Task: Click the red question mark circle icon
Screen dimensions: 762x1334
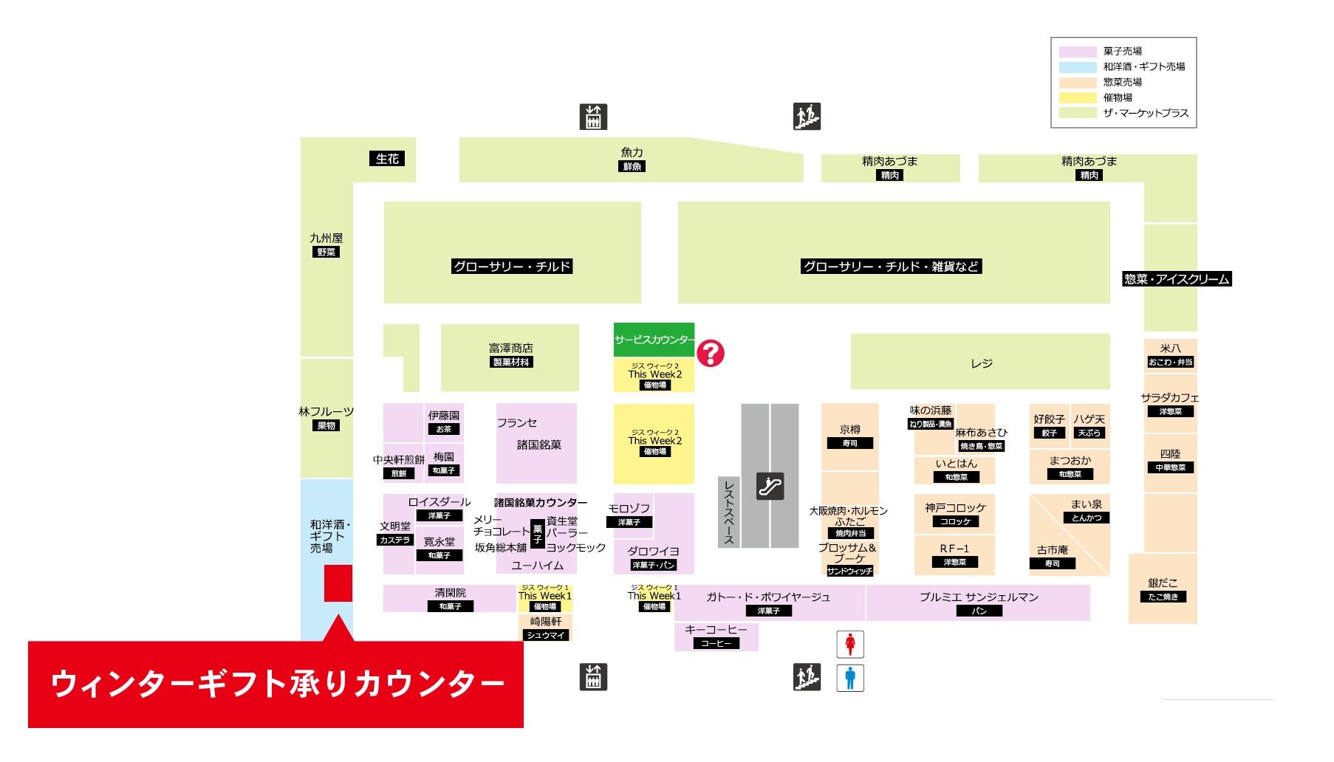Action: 711,354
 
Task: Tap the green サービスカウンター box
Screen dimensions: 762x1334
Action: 654,340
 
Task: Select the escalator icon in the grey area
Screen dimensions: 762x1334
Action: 770,486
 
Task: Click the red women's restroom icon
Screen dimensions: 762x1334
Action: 850,644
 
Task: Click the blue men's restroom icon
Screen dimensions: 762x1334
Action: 850,678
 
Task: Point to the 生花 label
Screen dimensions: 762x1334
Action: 387,159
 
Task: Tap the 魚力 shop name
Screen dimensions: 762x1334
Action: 632,153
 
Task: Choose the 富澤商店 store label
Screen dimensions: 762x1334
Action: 510,348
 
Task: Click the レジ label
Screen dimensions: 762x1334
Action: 981,363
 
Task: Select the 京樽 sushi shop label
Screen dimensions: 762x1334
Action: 849,430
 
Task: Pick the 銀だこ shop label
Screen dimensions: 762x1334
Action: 1163,583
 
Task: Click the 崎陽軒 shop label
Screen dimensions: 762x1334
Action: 545,622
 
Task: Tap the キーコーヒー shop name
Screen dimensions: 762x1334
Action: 716,630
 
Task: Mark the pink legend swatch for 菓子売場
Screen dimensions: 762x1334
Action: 1077,52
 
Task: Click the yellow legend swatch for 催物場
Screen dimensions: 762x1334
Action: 1077,97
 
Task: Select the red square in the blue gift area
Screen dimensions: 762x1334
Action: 338,583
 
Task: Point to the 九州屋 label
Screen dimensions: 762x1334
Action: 326,238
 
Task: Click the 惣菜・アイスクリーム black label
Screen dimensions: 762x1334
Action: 1177,279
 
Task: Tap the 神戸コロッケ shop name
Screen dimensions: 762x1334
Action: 955,508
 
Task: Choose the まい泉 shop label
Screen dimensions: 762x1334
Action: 1086,504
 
